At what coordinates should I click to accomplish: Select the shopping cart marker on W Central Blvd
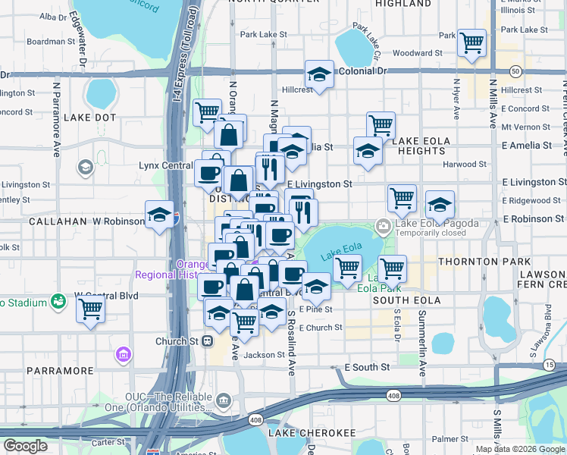click(x=91, y=309)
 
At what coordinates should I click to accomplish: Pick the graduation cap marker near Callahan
click(x=159, y=216)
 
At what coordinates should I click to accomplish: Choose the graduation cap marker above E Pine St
click(x=315, y=287)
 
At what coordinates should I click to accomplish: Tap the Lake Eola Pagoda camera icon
click(x=384, y=224)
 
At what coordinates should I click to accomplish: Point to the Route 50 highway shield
click(x=515, y=71)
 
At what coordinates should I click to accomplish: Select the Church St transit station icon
click(x=207, y=341)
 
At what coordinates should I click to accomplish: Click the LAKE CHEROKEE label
click(x=317, y=433)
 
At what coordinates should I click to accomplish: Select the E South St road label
click(x=367, y=367)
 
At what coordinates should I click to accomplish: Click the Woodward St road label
click(x=418, y=54)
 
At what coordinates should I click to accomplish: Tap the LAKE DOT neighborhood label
click(x=89, y=118)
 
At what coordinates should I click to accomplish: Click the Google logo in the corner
click(x=26, y=445)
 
